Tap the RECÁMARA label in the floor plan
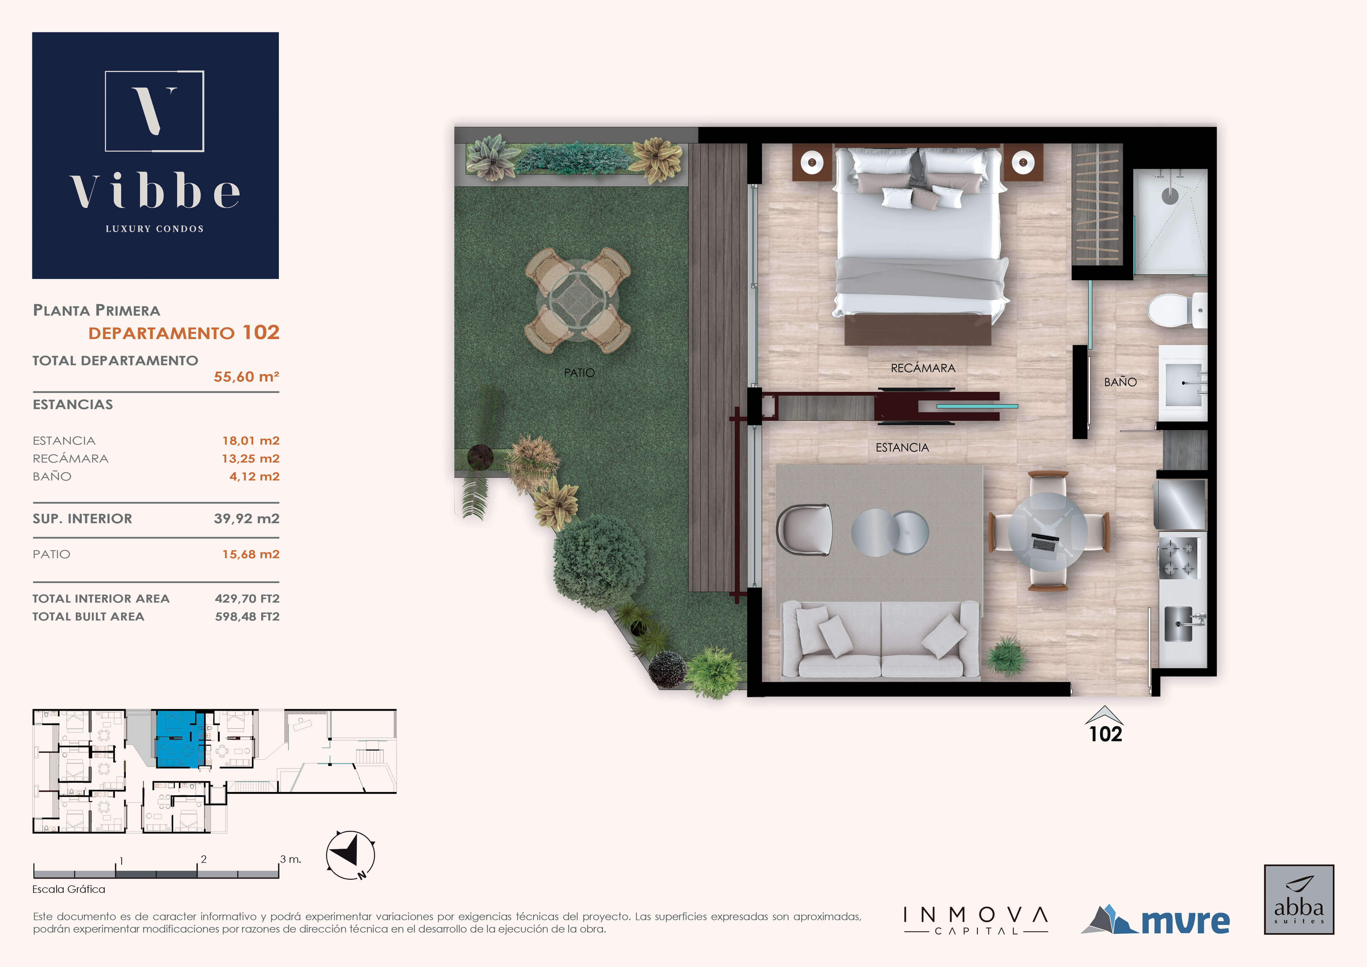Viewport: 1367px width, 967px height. [x=923, y=368]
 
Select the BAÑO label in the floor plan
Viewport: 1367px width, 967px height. [x=1120, y=382]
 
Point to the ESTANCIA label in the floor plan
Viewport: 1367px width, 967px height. [x=902, y=447]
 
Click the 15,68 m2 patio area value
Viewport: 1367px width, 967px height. [x=251, y=554]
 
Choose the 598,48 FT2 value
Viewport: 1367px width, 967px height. [x=247, y=616]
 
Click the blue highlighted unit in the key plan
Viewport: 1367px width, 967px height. [x=177, y=738]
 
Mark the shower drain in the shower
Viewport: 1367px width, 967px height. [x=1170, y=196]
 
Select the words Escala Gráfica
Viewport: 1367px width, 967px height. [x=68, y=889]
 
